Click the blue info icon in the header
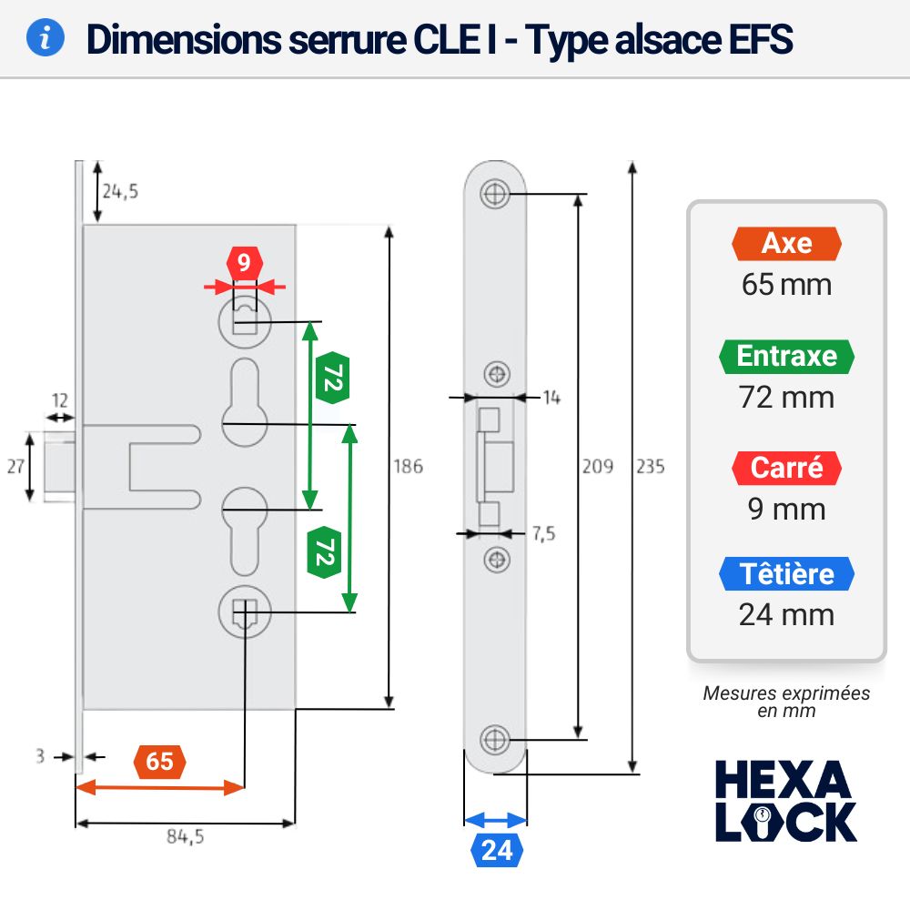[x=45, y=37]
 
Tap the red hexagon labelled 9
[x=244, y=263]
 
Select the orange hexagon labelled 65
[x=159, y=762]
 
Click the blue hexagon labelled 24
[x=497, y=850]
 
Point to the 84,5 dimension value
[x=185, y=836]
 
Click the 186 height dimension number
[x=408, y=466]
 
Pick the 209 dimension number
[x=598, y=466]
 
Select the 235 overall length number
[x=651, y=466]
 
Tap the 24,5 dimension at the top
[x=120, y=191]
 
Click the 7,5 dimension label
[x=544, y=533]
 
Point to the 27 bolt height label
[x=15, y=466]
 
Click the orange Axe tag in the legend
[x=786, y=243]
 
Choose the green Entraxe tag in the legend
[x=786, y=356]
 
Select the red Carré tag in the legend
[x=786, y=468]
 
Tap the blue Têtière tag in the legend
[x=786, y=574]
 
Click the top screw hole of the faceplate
[x=495, y=193]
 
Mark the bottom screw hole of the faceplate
[x=495, y=740]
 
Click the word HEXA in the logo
[x=783, y=780]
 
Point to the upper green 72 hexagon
[x=332, y=378]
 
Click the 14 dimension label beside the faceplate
[x=551, y=398]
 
